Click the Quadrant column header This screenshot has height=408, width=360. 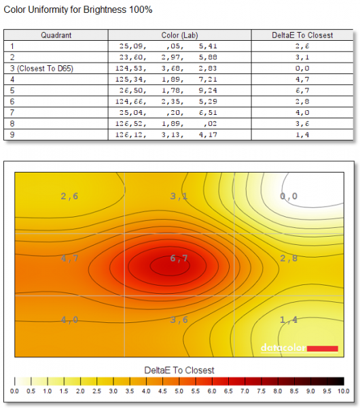click(56, 35)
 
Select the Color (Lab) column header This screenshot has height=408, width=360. click(179, 35)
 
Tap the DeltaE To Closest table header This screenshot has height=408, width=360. click(302, 35)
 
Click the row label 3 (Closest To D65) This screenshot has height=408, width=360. click(41, 69)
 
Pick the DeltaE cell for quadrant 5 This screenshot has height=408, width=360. click(302, 90)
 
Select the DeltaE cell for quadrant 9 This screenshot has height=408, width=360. click(302, 135)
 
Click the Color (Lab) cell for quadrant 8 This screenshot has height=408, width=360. click(166, 124)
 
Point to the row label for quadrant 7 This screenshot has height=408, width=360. click(12, 113)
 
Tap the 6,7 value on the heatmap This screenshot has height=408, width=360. click(179, 258)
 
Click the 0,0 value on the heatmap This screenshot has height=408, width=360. click(289, 196)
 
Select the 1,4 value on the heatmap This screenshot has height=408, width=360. click(289, 320)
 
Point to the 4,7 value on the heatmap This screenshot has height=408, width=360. click(69, 258)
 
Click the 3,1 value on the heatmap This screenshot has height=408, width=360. click(179, 196)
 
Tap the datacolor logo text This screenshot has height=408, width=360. click(283, 347)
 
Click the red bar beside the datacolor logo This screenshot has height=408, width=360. click(323, 349)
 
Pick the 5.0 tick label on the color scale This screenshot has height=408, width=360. click(179, 391)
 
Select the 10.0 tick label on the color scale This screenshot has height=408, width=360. click(344, 391)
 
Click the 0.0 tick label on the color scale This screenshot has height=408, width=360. click(14, 391)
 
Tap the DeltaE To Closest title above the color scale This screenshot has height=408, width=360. click(179, 370)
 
